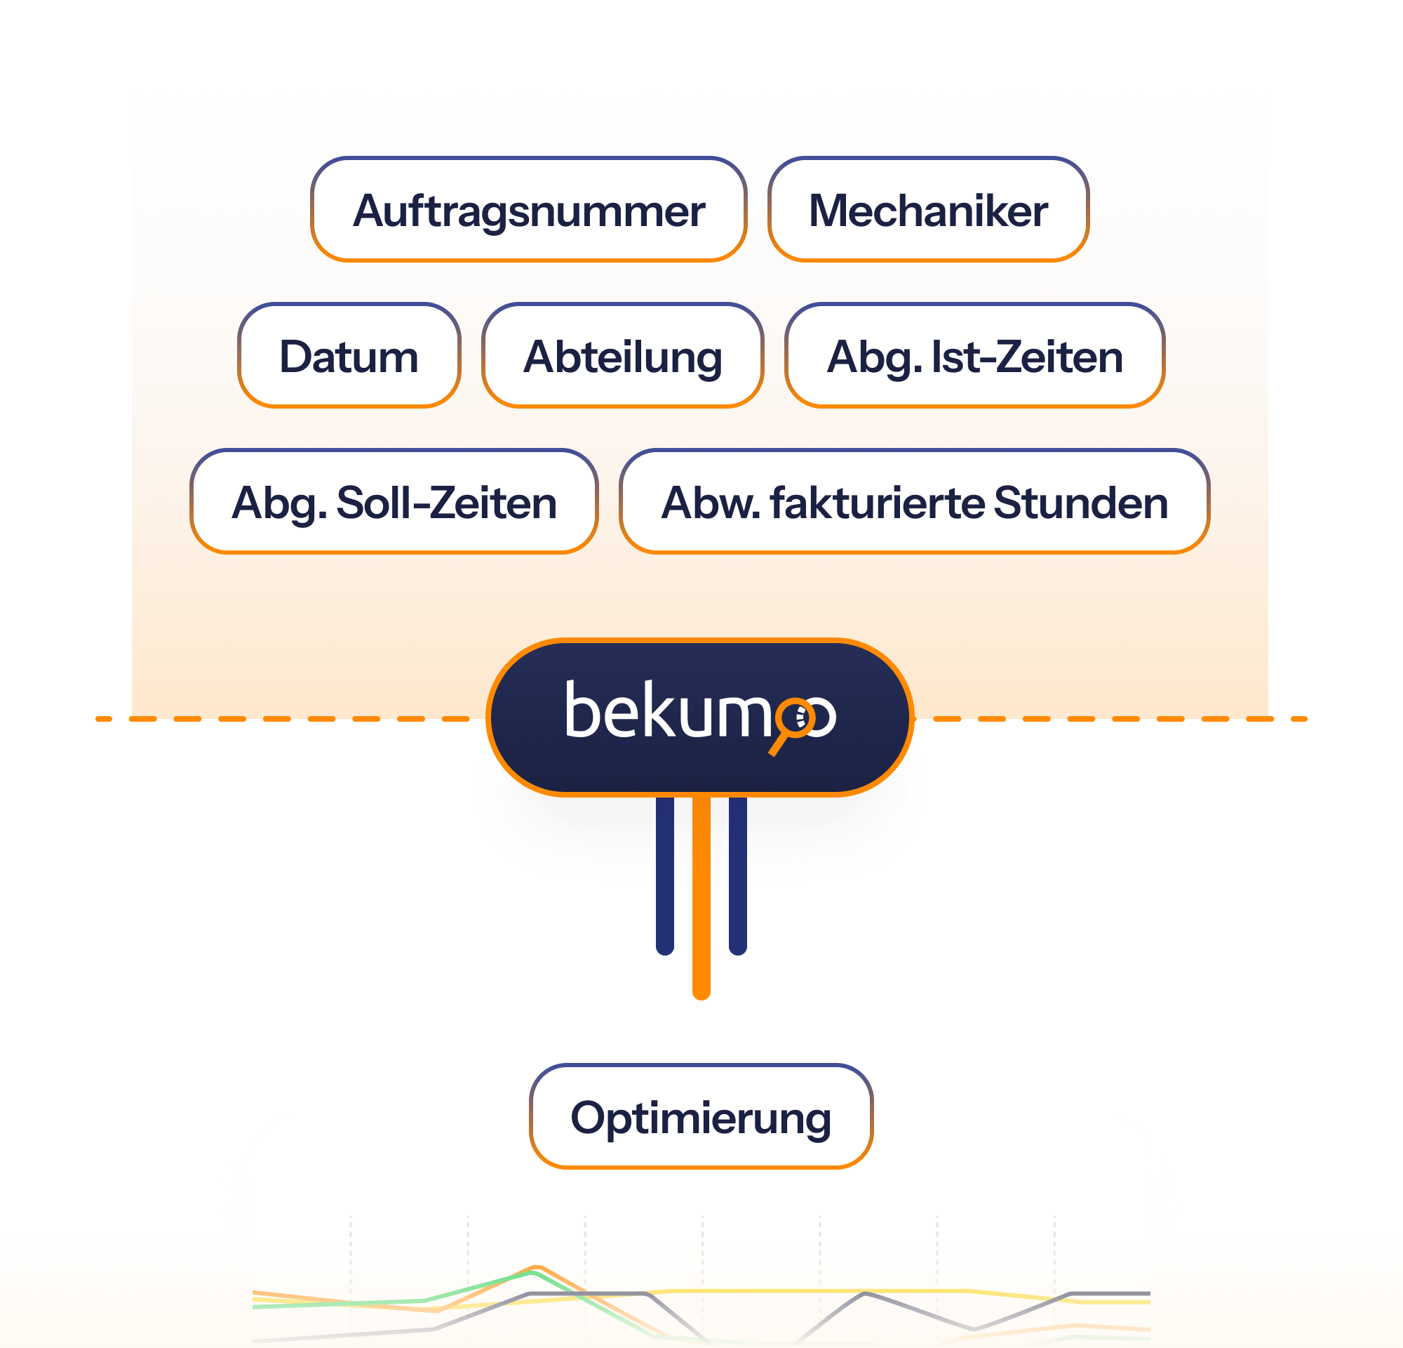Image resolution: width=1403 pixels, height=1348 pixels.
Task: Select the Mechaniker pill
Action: pyautogui.click(x=927, y=210)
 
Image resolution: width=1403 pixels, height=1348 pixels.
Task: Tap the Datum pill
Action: pyautogui.click(x=349, y=356)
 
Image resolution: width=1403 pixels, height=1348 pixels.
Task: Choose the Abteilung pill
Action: pyautogui.click(x=622, y=356)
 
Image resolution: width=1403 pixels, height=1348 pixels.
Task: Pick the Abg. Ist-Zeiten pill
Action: pyautogui.click(x=974, y=356)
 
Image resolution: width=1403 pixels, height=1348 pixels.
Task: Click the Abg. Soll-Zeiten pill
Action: pyautogui.click(x=394, y=501)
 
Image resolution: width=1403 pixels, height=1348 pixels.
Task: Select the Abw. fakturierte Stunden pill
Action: pyautogui.click(x=914, y=501)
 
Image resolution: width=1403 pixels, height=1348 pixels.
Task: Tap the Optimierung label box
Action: pyautogui.click(x=701, y=1117)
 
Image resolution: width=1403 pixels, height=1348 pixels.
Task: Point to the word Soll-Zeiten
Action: pyautogui.click(x=446, y=502)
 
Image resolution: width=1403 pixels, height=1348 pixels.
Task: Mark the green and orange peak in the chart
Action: pyautogui.click(x=535, y=1270)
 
